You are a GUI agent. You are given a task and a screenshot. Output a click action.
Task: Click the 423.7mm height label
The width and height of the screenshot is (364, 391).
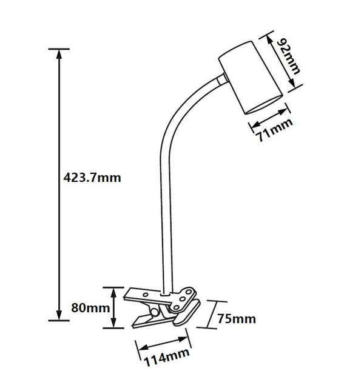coord(92,178)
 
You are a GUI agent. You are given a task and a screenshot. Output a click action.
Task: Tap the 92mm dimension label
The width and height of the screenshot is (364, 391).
coord(289,56)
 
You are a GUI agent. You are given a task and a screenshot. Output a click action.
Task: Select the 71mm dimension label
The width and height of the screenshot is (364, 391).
coord(274,130)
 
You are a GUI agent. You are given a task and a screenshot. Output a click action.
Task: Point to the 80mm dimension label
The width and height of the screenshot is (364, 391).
coord(90,308)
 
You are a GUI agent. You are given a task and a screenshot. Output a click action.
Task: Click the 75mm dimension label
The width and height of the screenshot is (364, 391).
coord(237,319)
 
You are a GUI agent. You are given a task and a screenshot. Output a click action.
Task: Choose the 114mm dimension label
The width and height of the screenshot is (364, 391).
coord(166,357)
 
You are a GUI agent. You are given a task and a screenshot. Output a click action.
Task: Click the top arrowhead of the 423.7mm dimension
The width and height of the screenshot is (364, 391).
coord(59,54)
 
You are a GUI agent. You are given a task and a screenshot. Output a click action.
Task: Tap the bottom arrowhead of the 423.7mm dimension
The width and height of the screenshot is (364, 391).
coord(59,315)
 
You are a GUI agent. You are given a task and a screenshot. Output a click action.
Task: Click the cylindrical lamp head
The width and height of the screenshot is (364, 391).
coord(250,78)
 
